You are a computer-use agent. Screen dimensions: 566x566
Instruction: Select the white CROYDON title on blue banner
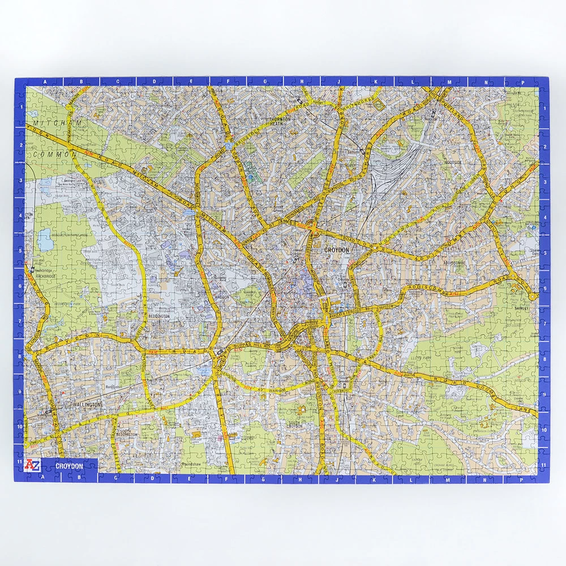69,466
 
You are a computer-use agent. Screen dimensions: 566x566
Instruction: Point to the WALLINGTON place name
86,405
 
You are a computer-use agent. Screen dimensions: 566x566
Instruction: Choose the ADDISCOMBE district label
454,263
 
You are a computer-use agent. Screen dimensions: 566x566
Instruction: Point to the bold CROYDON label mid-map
337,250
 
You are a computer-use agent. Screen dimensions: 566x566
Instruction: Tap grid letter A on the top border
45,82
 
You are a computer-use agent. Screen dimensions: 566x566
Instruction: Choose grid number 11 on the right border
544,465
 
